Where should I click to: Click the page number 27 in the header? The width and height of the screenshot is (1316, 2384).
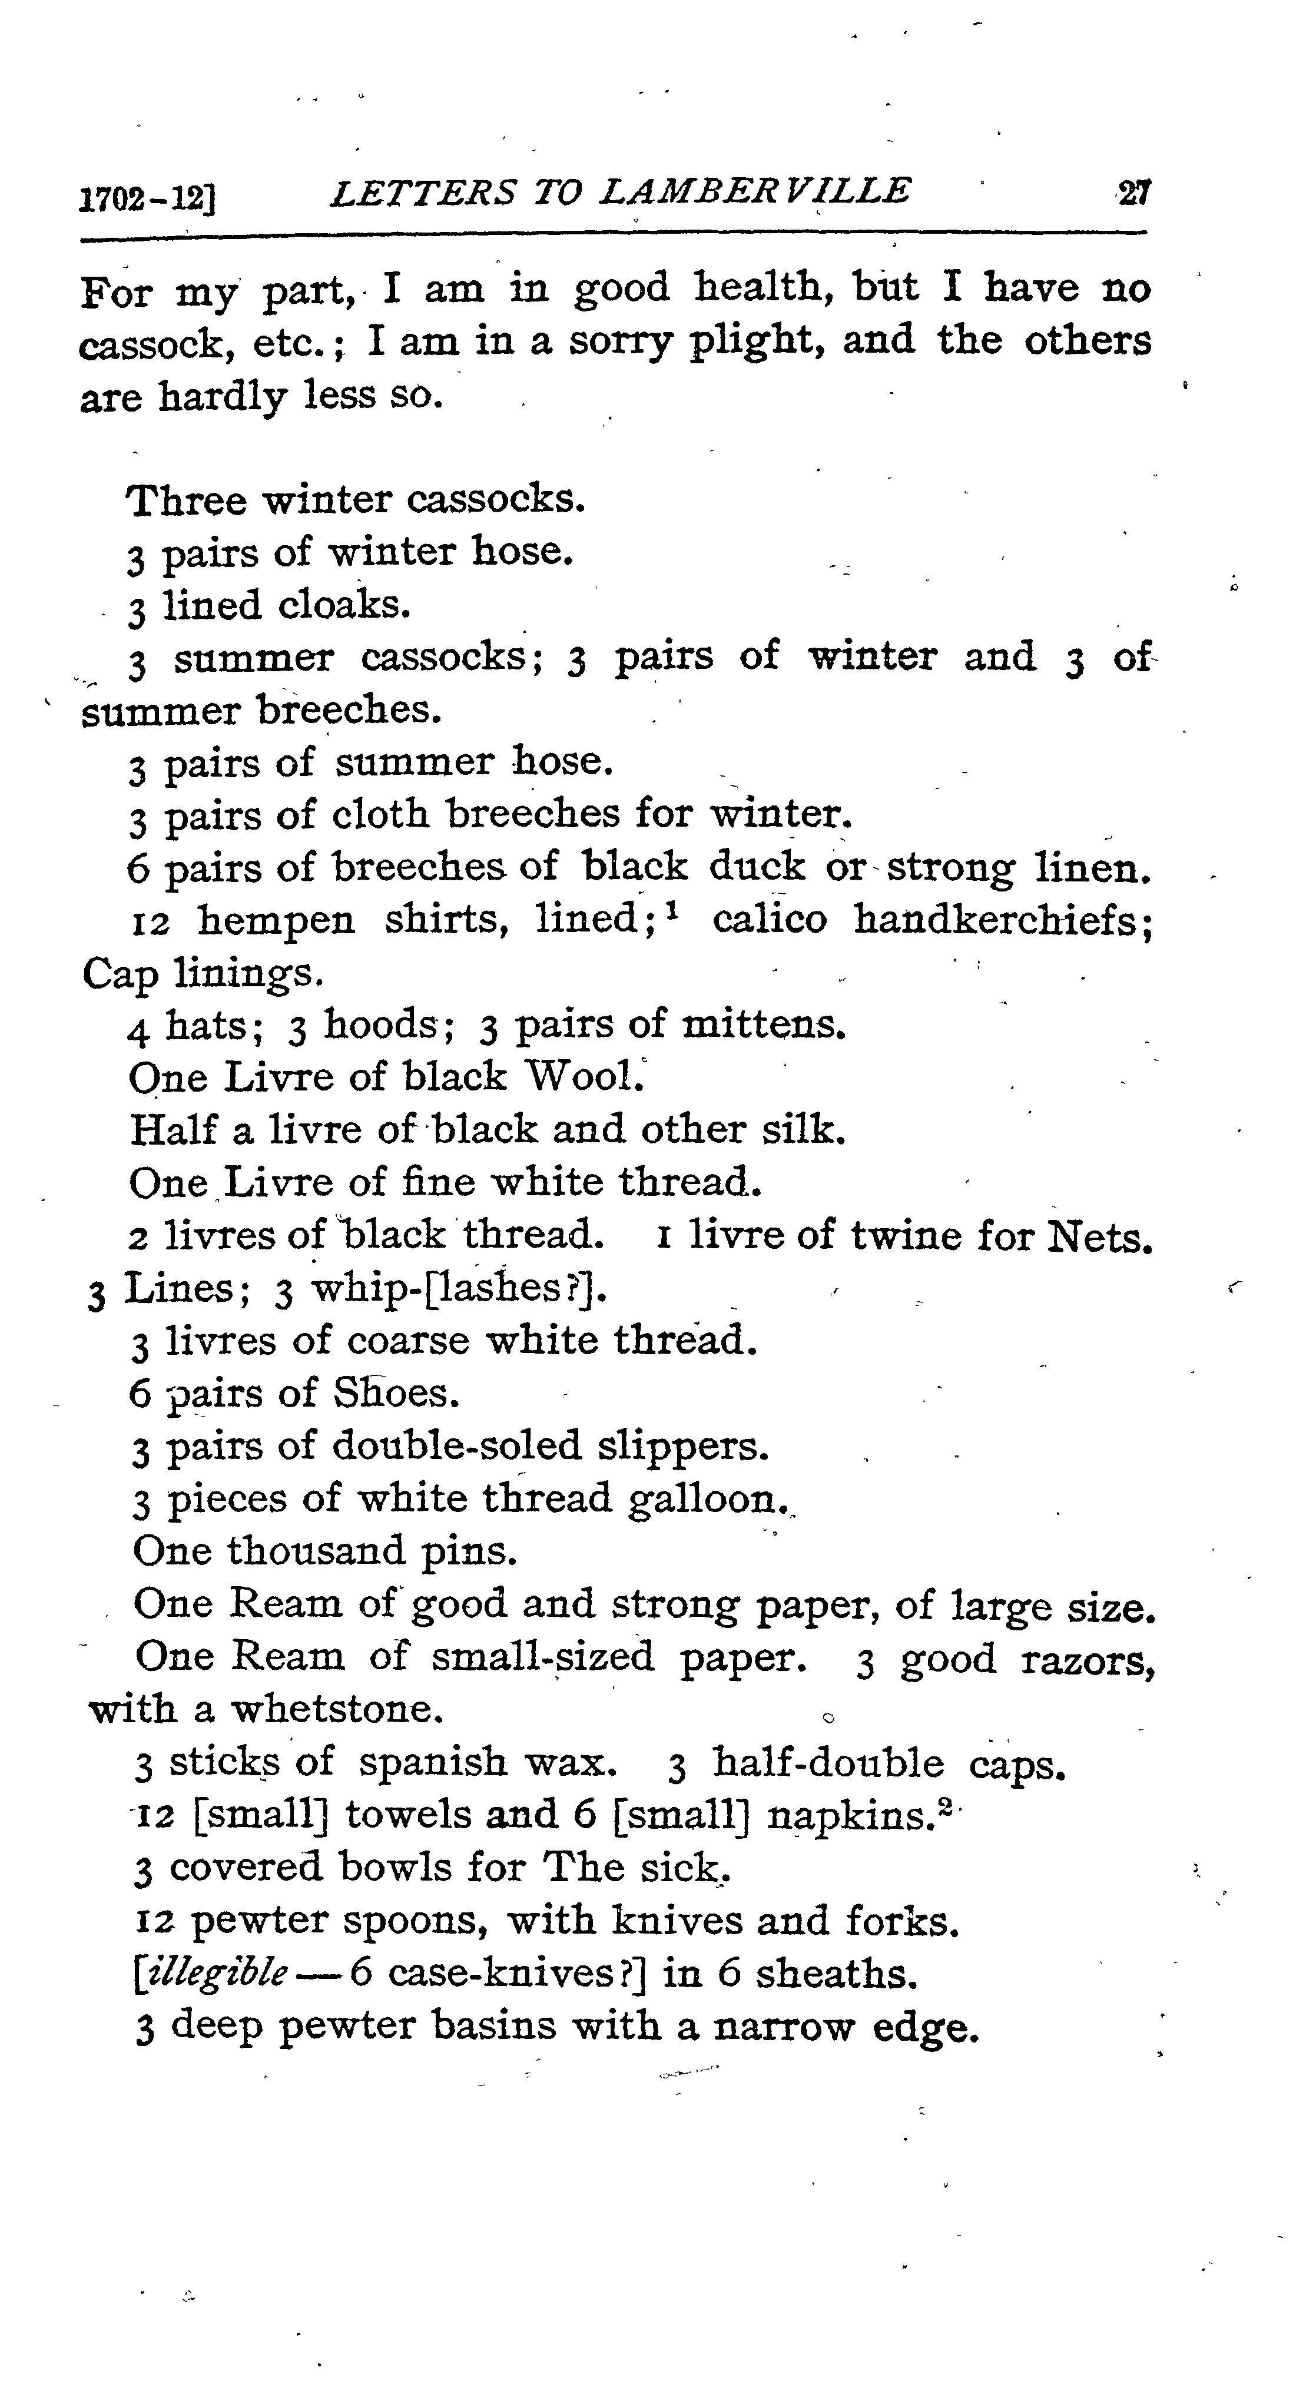point(1133,194)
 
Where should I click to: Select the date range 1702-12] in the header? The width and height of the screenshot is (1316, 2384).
point(148,198)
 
